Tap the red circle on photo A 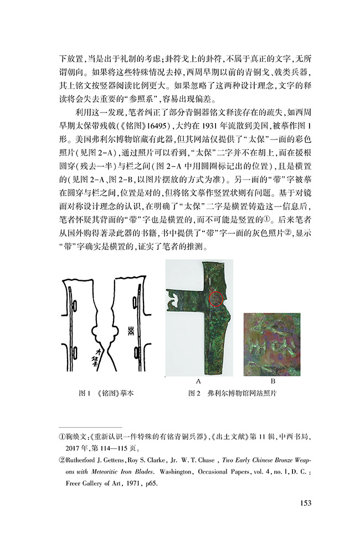coord(218,300)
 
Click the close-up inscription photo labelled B coord(272,345)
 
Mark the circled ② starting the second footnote coord(63,460)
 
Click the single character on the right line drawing coord(131,331)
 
